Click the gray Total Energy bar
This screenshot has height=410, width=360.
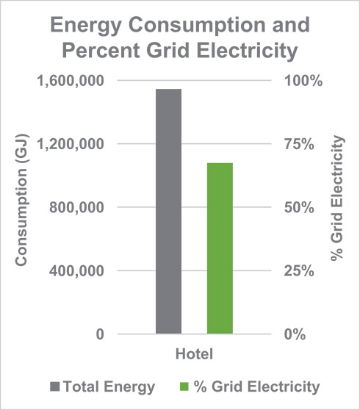click(x=168, y=212)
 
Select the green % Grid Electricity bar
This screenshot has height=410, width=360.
click(x=220, y=248)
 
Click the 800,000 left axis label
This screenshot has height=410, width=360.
click(x=77, y=207)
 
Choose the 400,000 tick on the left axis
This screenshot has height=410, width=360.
click(x=77, y=270)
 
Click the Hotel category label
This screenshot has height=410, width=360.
click(x=194, y=354)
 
